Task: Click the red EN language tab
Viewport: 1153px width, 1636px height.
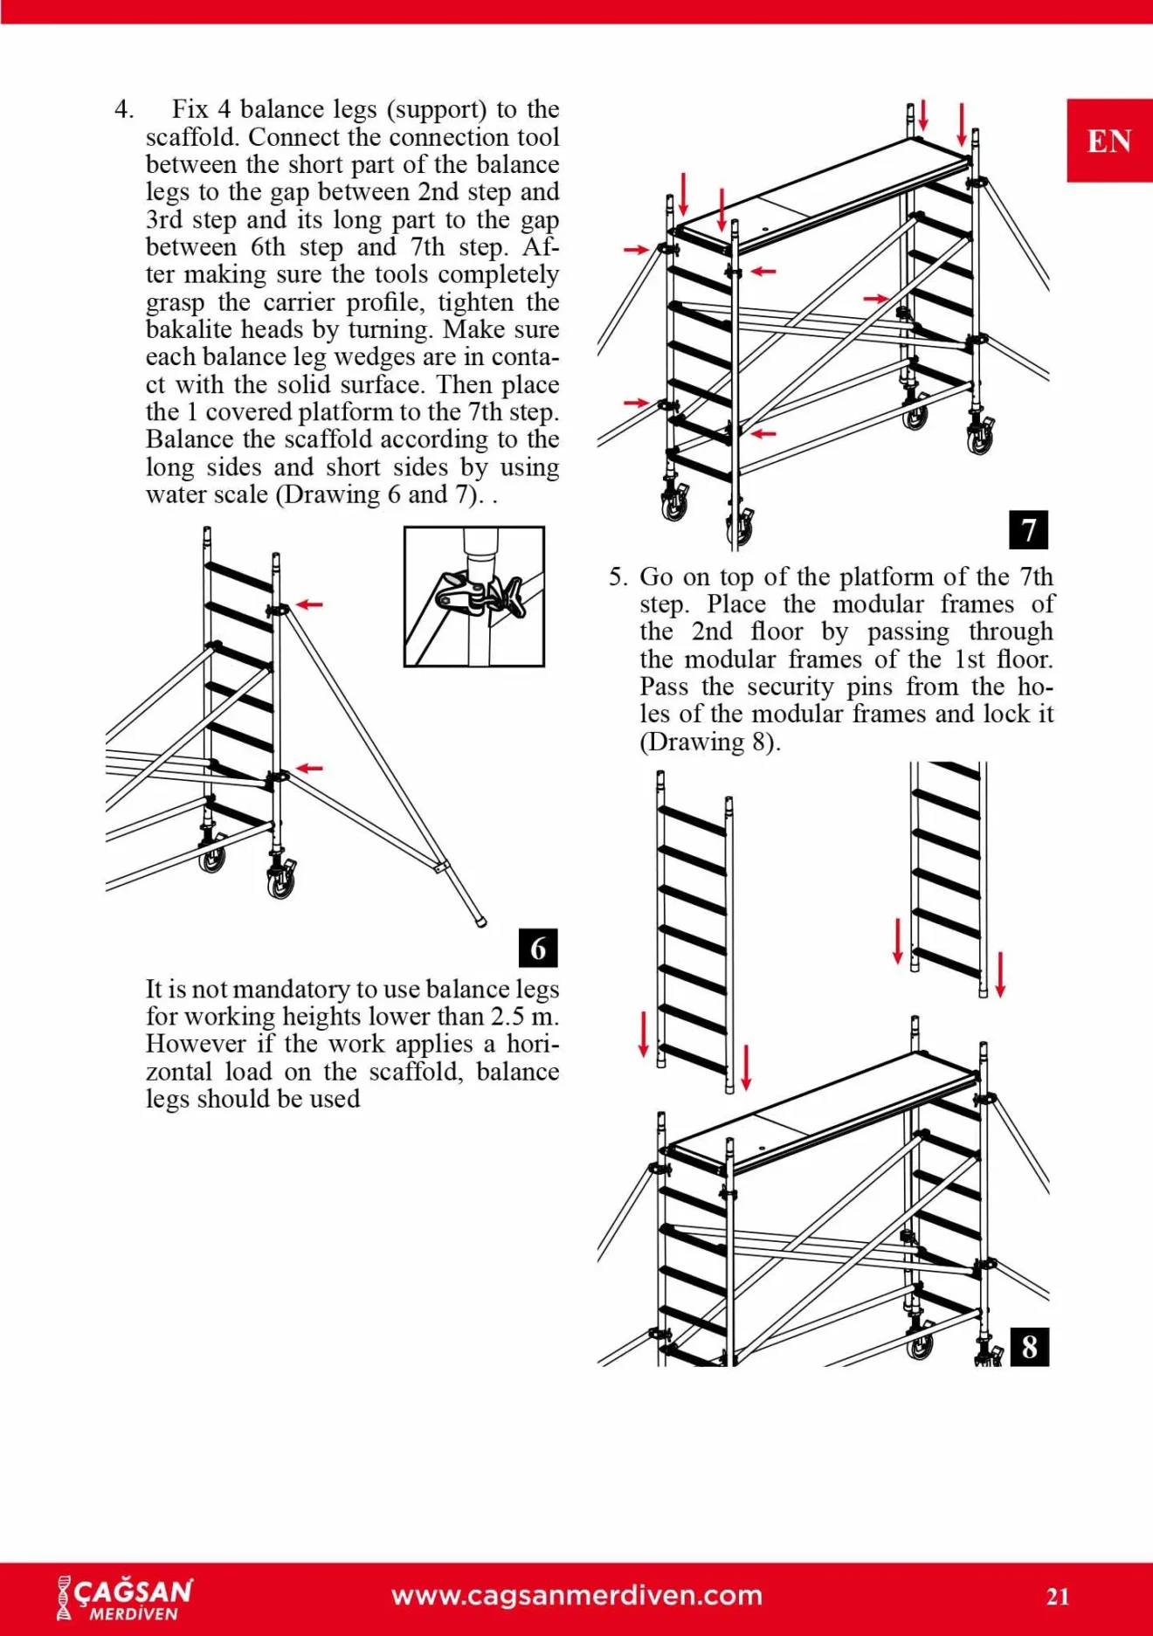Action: point(1108,141)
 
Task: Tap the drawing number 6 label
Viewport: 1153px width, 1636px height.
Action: point(538,948)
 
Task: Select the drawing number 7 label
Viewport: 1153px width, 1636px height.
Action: point(1028,529)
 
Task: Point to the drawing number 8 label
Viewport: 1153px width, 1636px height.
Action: point(1029,1347)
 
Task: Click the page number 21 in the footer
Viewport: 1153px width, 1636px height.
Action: point(1058,1597)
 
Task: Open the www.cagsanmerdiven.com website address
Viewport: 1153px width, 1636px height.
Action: point(576,1596)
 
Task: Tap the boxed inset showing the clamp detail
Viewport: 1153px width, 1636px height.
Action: point(473,597)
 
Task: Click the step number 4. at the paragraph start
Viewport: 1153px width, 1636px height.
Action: point(124,110)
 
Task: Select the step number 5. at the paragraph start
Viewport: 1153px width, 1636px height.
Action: point(618,577)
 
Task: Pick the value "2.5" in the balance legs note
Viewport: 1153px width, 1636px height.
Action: point(509,1017)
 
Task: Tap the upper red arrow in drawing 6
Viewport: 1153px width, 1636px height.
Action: point(309,604)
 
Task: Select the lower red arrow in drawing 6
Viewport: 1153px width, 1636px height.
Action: point(309,768)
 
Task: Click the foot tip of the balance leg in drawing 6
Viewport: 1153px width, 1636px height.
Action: point(480,921)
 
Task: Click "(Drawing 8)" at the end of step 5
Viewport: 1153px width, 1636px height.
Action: point(709,742)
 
